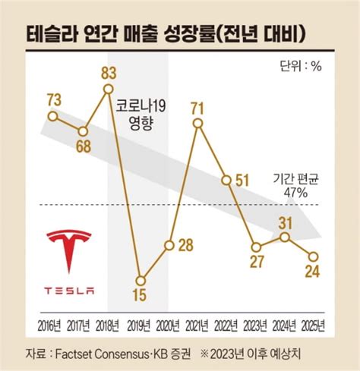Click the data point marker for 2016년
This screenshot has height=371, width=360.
[x=52, y=116]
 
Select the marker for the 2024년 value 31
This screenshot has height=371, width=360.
[x=285, y=237]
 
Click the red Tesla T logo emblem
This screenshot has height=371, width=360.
[x=69, y=250]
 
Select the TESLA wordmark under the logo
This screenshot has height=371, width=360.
[x=69, y=290]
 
